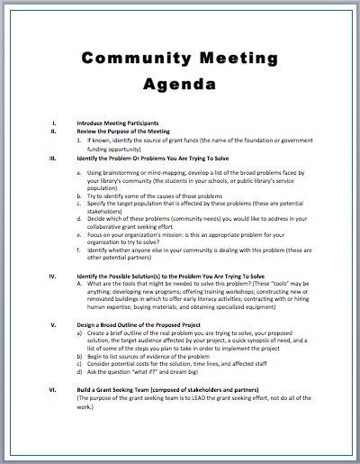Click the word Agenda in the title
[x=179, y=87]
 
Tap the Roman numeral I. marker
[x=55, y=122]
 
